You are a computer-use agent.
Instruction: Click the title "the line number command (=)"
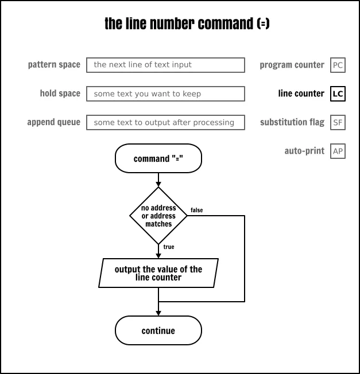(187, 24)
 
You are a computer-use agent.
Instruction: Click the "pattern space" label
(54, 65)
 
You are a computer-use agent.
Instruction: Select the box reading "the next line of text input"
(165, 65)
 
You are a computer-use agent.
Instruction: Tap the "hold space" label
(60, 93)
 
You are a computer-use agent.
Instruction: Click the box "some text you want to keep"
(165, 93)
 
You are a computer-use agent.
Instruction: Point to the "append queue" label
(53, 122)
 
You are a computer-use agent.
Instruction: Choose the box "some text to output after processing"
(165, 122)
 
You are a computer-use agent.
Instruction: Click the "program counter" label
(292, 65)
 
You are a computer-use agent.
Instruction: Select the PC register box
(338, 65)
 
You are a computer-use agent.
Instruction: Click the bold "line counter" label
(301, 93)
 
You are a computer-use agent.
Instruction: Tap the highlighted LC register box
(338, 93)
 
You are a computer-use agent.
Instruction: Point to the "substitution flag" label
(292, 122)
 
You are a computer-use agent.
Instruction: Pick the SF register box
(338, 122)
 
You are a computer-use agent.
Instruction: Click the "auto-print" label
(304, 151)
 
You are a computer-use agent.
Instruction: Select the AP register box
(338, 151)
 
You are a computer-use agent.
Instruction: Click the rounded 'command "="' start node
(158, 158)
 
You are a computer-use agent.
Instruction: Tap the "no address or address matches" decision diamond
(158, 216)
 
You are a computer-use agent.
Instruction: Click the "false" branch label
(196, 210)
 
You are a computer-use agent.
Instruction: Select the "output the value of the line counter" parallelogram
(158, 273)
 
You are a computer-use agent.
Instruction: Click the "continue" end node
(158, 330)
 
